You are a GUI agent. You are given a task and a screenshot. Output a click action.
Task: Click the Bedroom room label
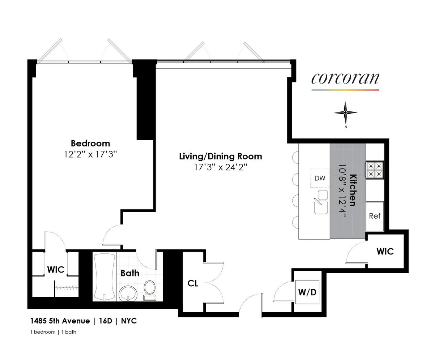pyautogui.click(x=90, y=143)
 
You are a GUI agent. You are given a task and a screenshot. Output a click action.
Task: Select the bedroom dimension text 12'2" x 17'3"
pyautogui.click(x=90, y=154)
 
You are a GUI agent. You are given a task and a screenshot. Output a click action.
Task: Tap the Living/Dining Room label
pyautogui.click(x=221, y=156)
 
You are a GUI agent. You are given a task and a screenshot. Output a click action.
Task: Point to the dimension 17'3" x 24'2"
pyautogui.click(x=221, y=167)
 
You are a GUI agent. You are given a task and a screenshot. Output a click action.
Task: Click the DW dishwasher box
pyautogui.click(x=320, y=178)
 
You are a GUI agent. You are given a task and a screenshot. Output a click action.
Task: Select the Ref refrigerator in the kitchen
pyautogui.click(x=375, y=216)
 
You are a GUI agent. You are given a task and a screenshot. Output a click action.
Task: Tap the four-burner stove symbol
pyautogui.click(x=375, y=170)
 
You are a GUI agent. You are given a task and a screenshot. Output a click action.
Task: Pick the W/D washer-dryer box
pyautogui.click(x=307, y=292)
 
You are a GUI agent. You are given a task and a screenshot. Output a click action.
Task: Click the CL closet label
pyautogui.click(x=193, y=283)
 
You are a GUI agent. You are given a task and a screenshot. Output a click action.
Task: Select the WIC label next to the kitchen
pyautogui.click(x=385, y=251)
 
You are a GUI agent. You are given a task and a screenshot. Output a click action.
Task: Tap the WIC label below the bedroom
pyautogui.click(x=56, y=269)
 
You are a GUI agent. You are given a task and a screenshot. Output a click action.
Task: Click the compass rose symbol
pyautogui.click(x=345, y=112)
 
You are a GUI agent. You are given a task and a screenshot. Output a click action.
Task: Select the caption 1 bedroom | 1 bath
pyautogui.click(x=53, y=332)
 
